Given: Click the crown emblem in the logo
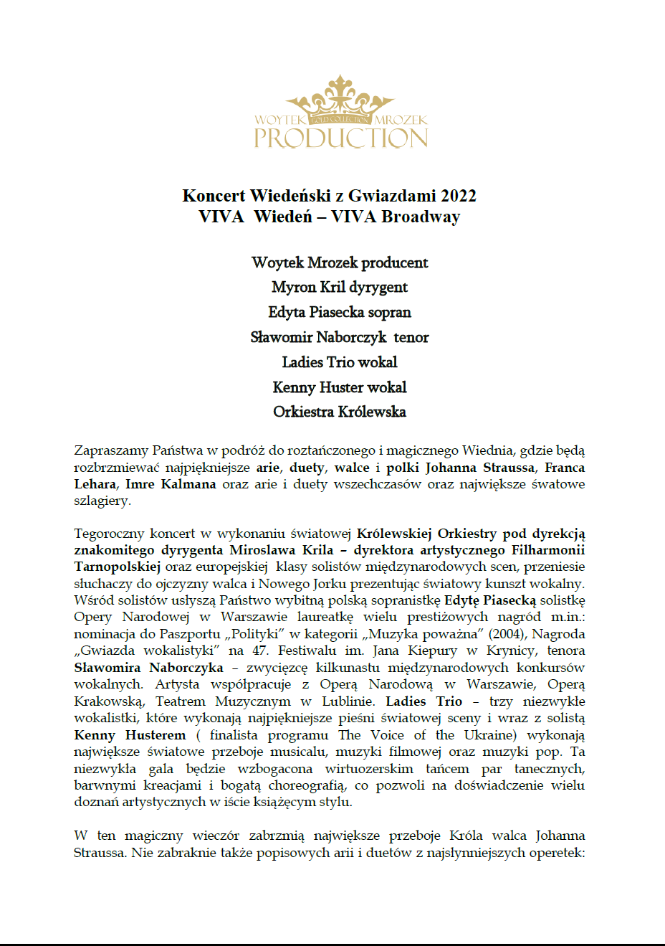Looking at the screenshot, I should point(340,100).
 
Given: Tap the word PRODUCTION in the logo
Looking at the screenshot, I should point(341,138).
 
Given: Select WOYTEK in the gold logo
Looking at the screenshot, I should point(279,120).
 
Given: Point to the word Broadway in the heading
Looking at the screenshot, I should point(421,217).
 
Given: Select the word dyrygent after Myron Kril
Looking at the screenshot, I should point(378,288).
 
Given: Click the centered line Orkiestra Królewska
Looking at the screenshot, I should point(340,412).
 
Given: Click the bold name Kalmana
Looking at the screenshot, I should point(188,484).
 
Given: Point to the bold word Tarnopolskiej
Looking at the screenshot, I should point(117,567).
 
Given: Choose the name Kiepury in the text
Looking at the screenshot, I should point(432,651).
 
